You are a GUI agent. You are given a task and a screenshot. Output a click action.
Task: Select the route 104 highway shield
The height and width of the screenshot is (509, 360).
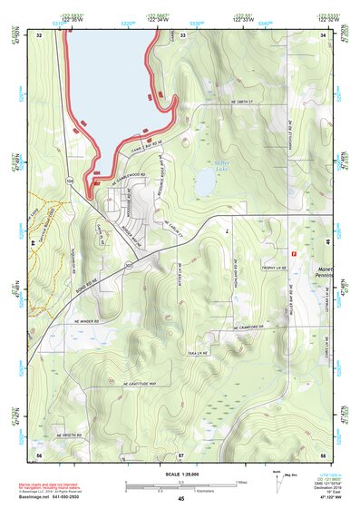(x=70, y=181)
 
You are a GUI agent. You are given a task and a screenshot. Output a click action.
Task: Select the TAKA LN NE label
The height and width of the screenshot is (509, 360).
(x=198, y=351)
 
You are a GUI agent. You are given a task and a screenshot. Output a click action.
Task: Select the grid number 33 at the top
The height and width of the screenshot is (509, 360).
(x=181, y=34)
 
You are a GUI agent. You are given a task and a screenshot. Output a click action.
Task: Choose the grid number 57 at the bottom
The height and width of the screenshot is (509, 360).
(x=181, y=453)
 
